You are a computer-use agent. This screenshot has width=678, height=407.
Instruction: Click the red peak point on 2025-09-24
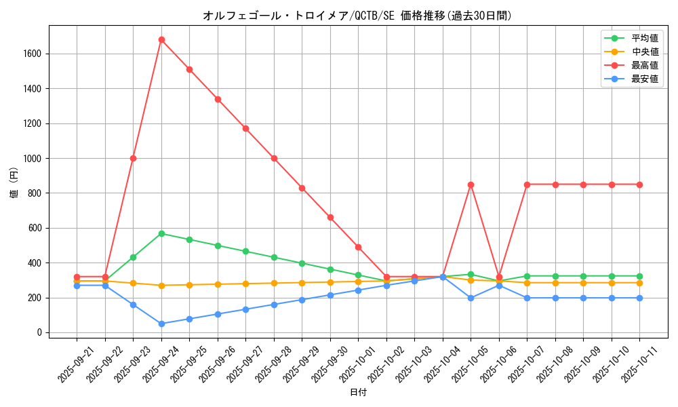pos(161,39)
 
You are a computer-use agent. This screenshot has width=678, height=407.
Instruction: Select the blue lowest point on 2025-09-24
pos(161,324)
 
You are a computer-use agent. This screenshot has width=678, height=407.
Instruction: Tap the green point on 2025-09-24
pos(161,233)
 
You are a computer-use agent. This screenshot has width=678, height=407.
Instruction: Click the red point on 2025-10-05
pos(471,185)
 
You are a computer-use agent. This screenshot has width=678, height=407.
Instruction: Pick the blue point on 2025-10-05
pos(471,298)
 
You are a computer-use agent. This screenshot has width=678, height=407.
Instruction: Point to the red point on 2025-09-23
pos(133,158)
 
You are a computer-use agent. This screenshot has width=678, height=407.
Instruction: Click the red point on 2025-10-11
pos(639,185)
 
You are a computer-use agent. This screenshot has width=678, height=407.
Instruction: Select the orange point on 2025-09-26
pos(218,284)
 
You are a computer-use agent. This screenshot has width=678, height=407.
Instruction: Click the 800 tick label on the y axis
pos(34,193)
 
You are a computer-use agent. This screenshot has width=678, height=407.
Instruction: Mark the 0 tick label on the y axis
pos(40,332)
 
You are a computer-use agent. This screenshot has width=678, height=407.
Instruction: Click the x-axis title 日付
pos(358,393)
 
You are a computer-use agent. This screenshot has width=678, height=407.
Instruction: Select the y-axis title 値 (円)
pos(14,182)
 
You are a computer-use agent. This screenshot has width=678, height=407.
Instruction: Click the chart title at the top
pos(357,16)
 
